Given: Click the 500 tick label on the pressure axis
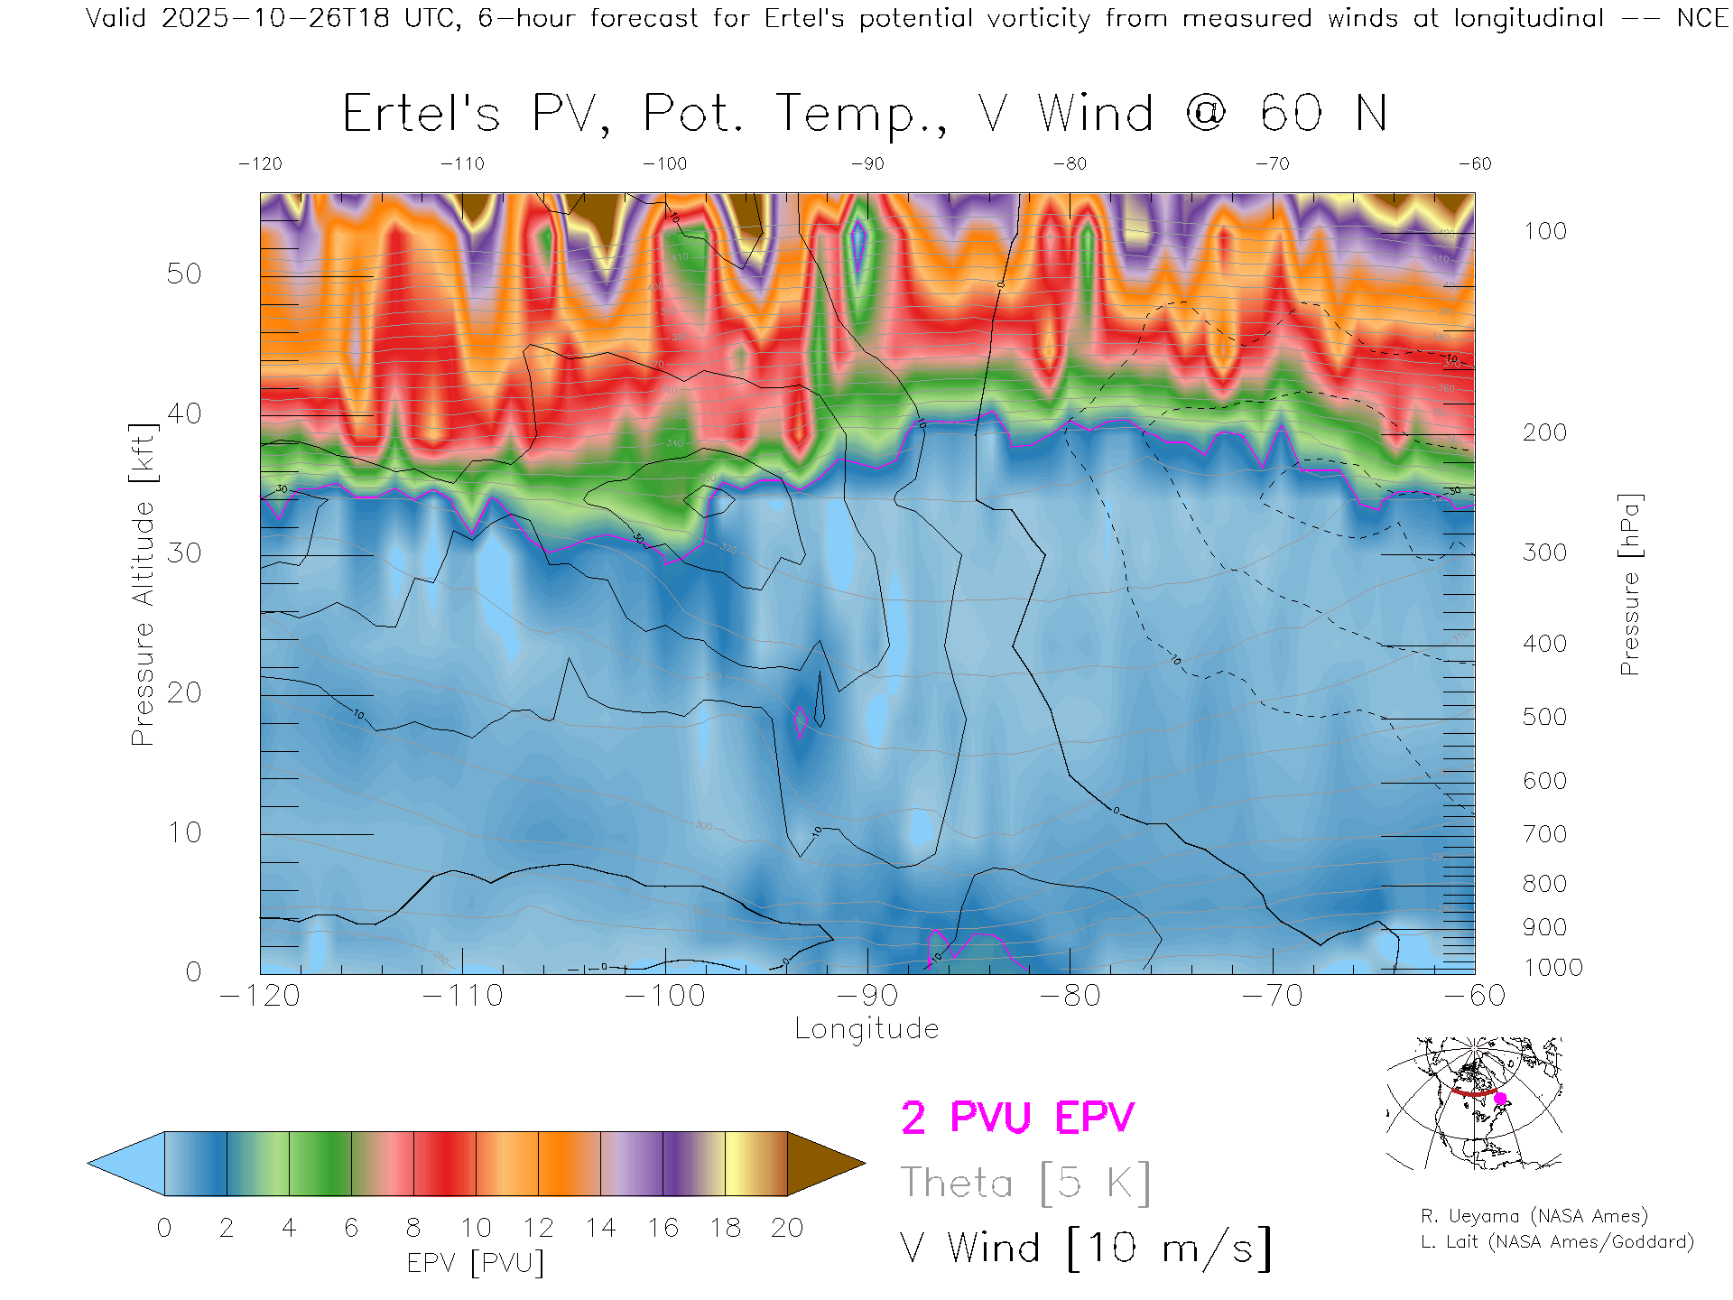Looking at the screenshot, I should click(1544, 717).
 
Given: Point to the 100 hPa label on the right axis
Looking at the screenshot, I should click(1544, 231).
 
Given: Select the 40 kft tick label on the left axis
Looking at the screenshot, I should click(183, 413).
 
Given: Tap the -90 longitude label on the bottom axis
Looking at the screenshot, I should click(867, 996).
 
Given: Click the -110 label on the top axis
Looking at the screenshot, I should click(462, 163).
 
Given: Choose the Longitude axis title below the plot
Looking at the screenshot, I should click(866, 1029).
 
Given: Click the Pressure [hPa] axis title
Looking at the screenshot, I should click(1629, 584).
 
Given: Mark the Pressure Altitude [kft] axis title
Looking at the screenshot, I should click(143, 584).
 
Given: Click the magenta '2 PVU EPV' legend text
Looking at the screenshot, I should click(1017, 1118).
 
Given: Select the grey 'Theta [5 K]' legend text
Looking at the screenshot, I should click(1025, 1183).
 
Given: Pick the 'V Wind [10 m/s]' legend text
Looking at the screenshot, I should click(1086, 1248).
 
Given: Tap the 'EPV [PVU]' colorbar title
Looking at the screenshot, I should click(476, 1263).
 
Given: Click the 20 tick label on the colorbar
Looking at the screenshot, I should click(787, 1228).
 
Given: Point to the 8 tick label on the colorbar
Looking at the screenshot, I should click(413, 1228).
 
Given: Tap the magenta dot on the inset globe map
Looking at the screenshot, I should click(1500, 1099).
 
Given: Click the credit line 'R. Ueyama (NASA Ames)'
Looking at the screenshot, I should click(1534, 1216).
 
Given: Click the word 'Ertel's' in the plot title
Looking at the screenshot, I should click(421, 114).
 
